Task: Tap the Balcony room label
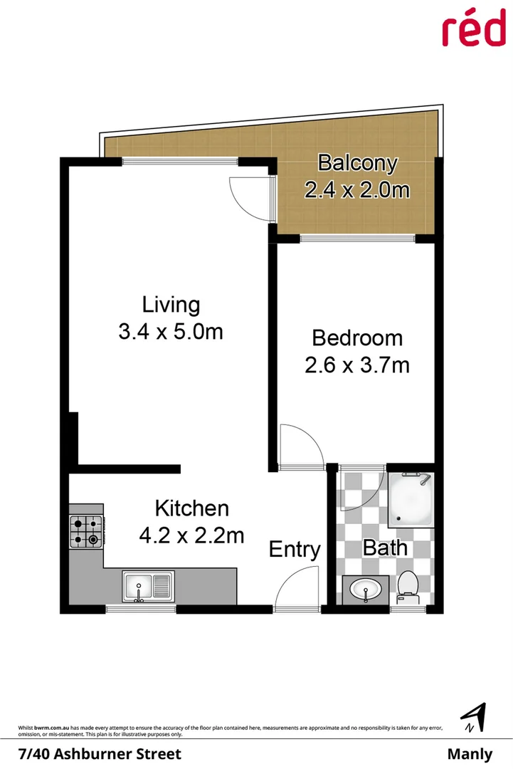(x=357, y=163)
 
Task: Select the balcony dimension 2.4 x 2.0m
(x=357, y=190)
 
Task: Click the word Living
(x=171, y=305)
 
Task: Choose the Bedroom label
(x=357, y=338)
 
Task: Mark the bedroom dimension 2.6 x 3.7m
(x=357, y=365)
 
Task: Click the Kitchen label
(x=192, y=508)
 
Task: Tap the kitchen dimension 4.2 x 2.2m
(x=192, y=535)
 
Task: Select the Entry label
(x=295, y=550)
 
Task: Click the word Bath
(x=385, y=548)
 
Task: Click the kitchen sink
(x=147, y=587)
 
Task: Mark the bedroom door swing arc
(x=300, y=444)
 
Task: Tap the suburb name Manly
(x=470, y=754)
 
